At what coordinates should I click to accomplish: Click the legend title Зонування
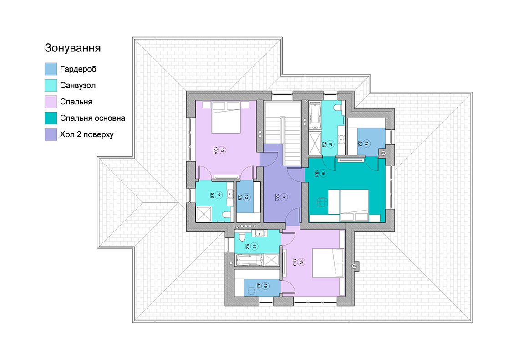pyautogui.click(x=73, y=48)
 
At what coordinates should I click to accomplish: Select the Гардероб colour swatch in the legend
pyautogui.click(x=51, y=69)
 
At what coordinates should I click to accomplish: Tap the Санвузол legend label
pyautogui.click(x=78, y=86)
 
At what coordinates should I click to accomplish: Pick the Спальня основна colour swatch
pyautogui.click(x=51, y=118)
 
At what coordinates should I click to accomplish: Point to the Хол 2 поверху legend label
pyautogui.click(x=86, y=134)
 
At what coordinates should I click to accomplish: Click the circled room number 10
pyautogui.click(x=222, y=150)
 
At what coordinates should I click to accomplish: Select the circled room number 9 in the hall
pyautogui.click(x=284, y=197)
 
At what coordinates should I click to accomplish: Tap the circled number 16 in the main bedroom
pyautogui.click(x=323, y=173)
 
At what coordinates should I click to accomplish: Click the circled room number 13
pyautogui.click(x=301, y=262)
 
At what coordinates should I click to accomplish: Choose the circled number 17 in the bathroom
pyautogui.click(x=331, y=144)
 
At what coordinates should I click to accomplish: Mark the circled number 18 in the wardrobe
pyautogui.click(x=366, y=144)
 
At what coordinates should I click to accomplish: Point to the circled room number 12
pyautogui.click(x=246, y=197)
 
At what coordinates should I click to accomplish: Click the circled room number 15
pyautogui.click(x=265, y=285)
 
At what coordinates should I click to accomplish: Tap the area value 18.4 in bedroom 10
pyautogui.click(x=215, y=150)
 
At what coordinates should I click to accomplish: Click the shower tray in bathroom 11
pyautogui.click(x=204, y=214)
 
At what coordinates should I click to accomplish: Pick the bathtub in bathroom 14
pyautogui.click(x=249, y=260)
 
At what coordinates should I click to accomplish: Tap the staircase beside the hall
pyautogui.click(x=283, y=133)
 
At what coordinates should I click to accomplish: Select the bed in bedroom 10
pyautogui.click(x=226, y=118)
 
